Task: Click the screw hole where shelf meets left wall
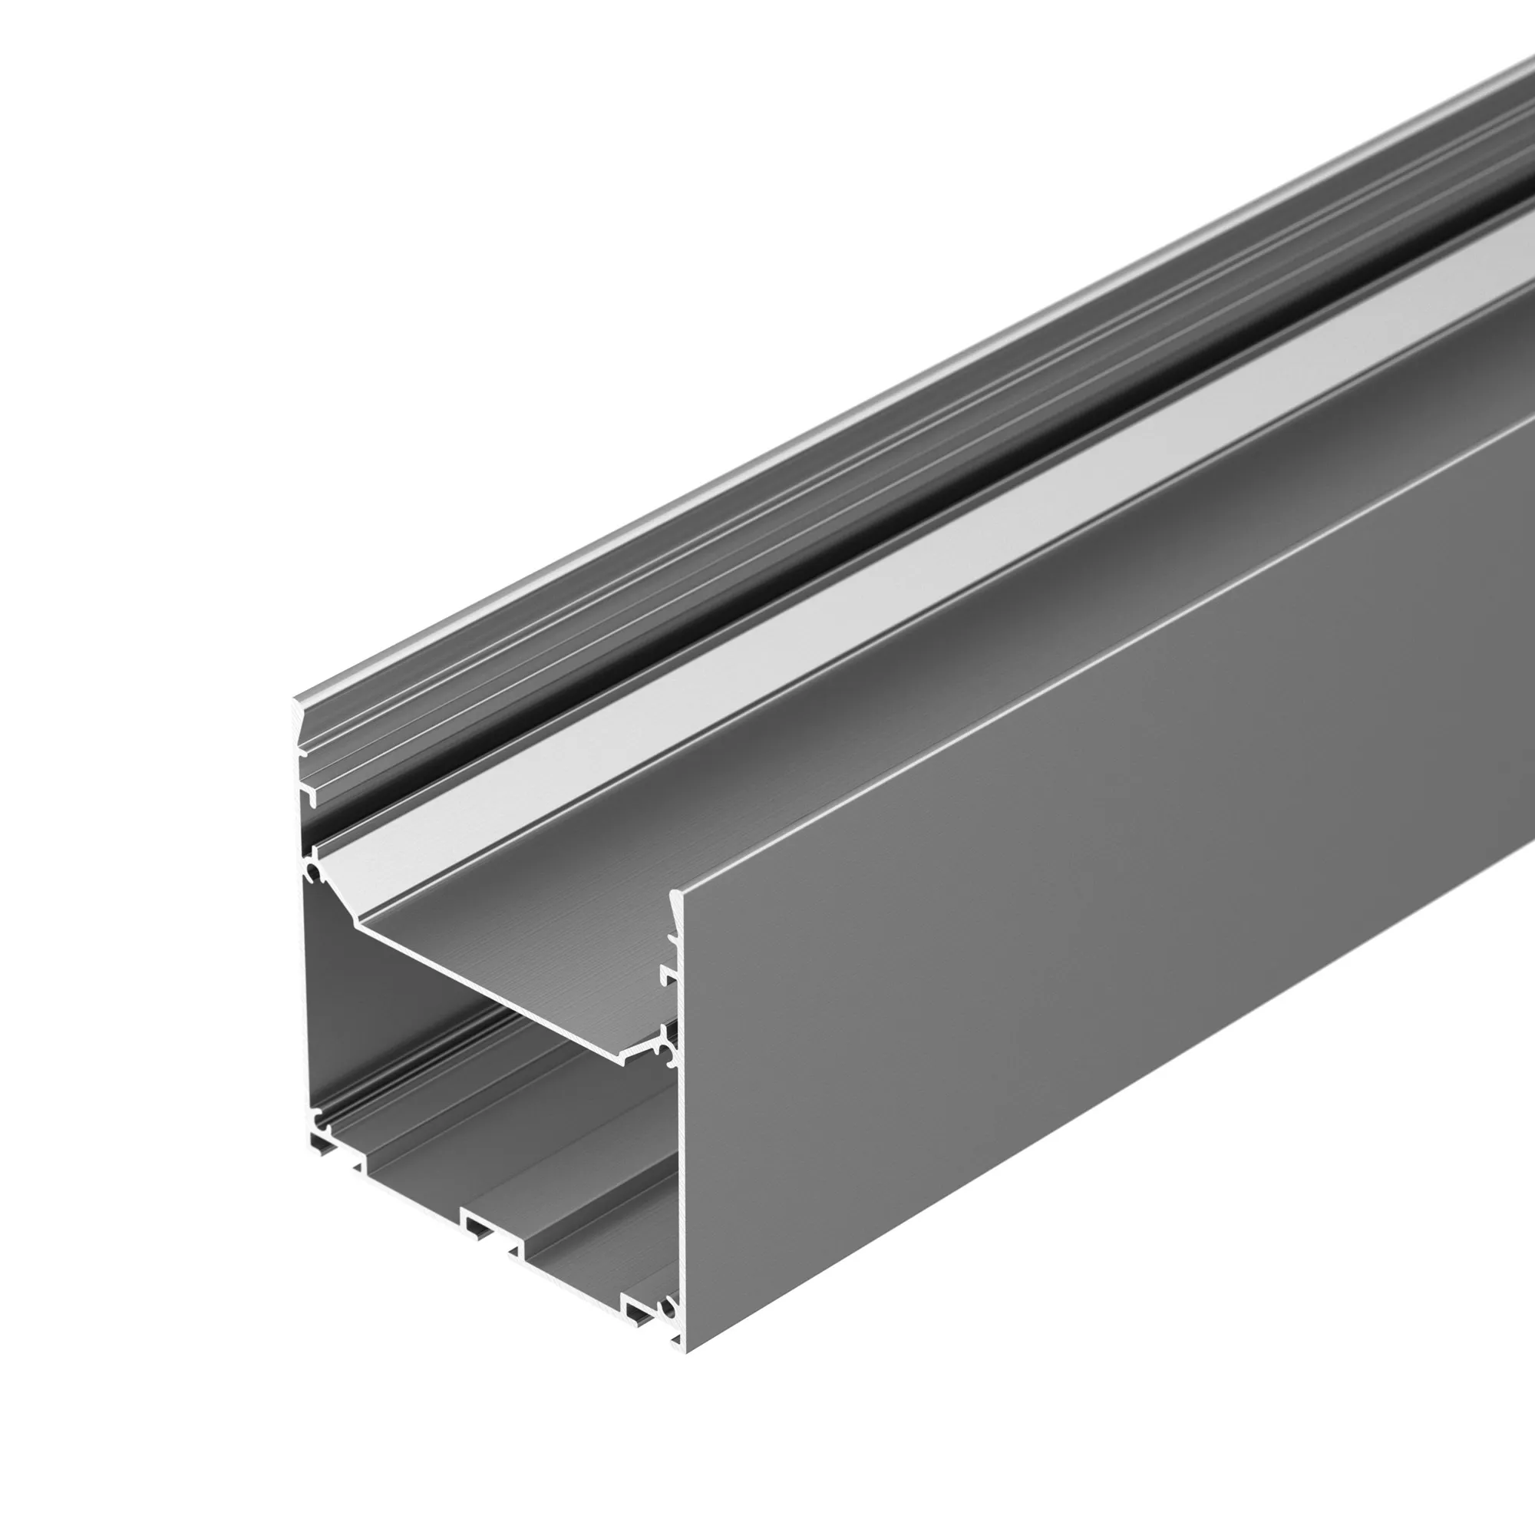(x=313, y=874)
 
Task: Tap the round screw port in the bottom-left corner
(x=322, y=1123)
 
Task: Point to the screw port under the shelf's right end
(x=670, y=1053)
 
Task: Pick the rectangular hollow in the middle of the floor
(x=477, y=1228)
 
